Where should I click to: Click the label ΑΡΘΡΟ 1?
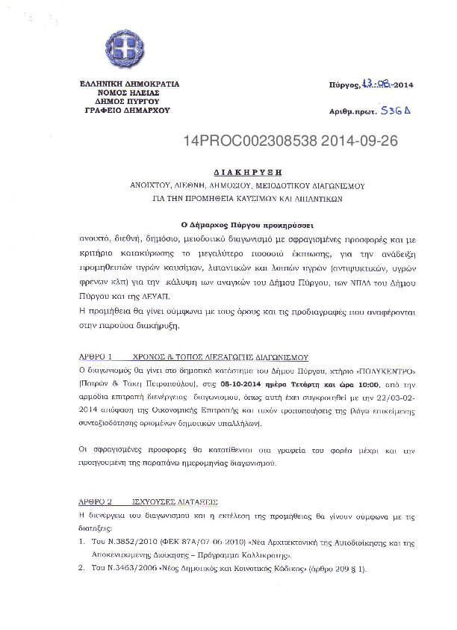coord(95,358)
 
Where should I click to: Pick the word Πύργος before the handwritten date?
coord(343,87)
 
